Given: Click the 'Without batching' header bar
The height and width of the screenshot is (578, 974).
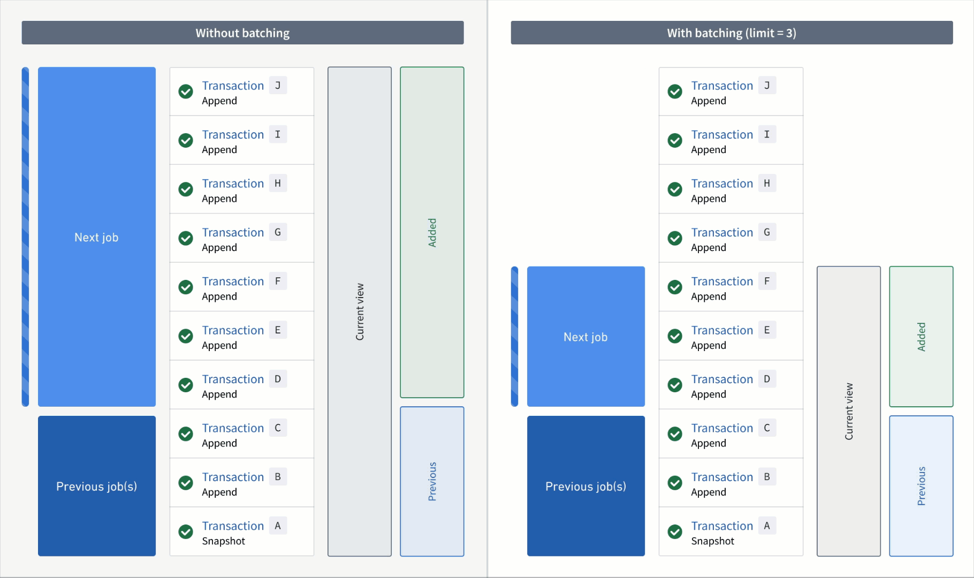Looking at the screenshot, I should (x=242, y=33).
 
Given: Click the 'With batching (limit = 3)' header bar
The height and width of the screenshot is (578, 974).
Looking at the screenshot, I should (x=732, y=33).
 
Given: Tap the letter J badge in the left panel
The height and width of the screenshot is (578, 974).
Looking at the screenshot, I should (x=278, y=86).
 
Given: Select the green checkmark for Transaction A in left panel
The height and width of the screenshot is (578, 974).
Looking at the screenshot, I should (x=186, y=531).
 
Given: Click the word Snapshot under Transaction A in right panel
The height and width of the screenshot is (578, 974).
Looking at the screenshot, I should (x=712, y=541).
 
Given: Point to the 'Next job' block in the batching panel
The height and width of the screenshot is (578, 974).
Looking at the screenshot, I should (x=585, y=337).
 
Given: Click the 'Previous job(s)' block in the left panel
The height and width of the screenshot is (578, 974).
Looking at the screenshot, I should (x=97, y=486).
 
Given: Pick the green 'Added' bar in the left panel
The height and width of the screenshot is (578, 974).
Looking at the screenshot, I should (x=432, y=232).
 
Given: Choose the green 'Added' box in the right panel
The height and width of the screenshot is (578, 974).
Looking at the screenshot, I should (x=921, y=337).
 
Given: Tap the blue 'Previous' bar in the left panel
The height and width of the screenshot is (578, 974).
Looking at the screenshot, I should (x=432, y=481).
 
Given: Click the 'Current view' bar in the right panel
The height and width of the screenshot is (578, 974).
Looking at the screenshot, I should (x=848, y=411).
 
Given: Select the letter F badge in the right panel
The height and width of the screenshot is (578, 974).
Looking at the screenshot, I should (x=767, y=281).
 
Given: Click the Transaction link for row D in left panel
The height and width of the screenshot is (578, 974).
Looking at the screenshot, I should (x=233, y=379).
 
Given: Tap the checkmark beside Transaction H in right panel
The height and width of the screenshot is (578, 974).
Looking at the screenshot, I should (x=675, y=189).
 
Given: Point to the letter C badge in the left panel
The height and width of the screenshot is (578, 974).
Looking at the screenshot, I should (x=278, y=428).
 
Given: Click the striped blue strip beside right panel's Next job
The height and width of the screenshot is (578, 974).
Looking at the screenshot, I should (x=514, y=337).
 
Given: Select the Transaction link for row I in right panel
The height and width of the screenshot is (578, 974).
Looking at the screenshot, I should (x=722, y=134).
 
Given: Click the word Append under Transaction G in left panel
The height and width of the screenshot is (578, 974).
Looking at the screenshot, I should (x=219, y=248).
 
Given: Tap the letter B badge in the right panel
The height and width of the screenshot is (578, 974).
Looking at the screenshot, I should (x=767, y=477).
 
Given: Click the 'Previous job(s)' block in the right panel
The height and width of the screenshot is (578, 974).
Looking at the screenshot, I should (x=585, y=486).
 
